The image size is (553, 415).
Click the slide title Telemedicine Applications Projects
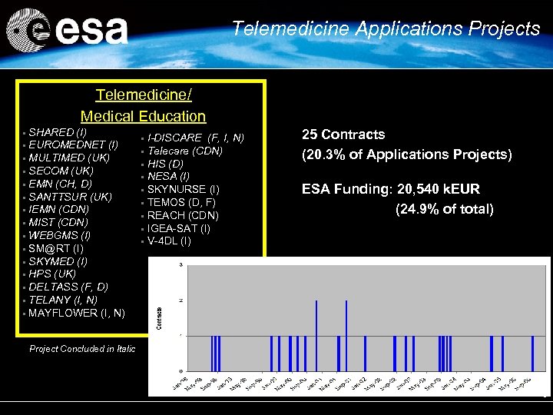(386, 29)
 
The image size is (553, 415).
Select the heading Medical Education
(143, 117)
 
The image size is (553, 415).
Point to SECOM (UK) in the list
(61, 171)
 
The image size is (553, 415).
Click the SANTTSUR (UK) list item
(70, 197)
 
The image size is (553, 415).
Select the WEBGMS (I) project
(59, 235)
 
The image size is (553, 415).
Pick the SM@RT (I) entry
(56, 248)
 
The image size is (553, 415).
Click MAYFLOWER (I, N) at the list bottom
(76, 313)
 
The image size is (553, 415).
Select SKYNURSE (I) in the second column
(183, 189)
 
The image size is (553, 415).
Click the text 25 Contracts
(343, 135)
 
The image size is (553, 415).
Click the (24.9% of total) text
(444, 209)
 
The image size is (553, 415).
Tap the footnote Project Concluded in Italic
(82, 349)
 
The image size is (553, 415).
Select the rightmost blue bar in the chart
(532, 353)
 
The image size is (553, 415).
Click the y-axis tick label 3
(180, 265)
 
